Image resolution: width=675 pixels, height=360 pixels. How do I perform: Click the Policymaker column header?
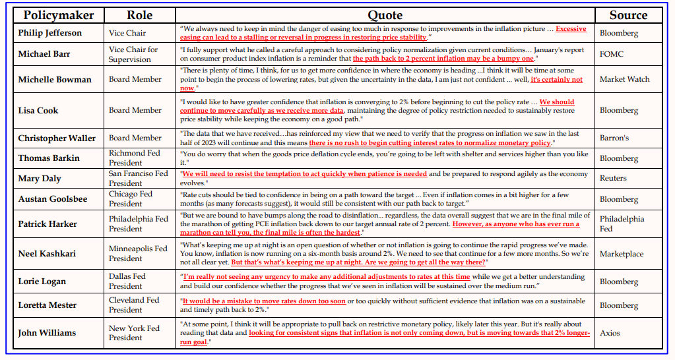(59, 15)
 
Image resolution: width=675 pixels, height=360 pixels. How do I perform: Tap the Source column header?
(627, 15)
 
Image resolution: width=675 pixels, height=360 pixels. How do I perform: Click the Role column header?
(139, 15)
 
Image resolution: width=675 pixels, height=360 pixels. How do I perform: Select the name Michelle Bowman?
(55, 80)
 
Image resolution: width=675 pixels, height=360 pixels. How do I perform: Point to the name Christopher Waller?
(57, 138)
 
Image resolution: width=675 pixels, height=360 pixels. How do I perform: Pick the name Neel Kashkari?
(48, 254)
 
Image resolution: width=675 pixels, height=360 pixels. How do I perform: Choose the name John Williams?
(47, 333)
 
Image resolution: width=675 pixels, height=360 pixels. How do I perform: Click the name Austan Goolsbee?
(52, 199)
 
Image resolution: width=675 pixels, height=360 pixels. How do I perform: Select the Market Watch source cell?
(624, 80)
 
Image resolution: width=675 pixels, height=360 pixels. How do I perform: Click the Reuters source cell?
(614, 178)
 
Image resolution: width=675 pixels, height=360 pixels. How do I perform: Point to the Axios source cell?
(610, 333)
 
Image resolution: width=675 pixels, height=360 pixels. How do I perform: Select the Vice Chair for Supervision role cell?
(134, 54)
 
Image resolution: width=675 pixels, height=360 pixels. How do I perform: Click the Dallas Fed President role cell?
(134, 282)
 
